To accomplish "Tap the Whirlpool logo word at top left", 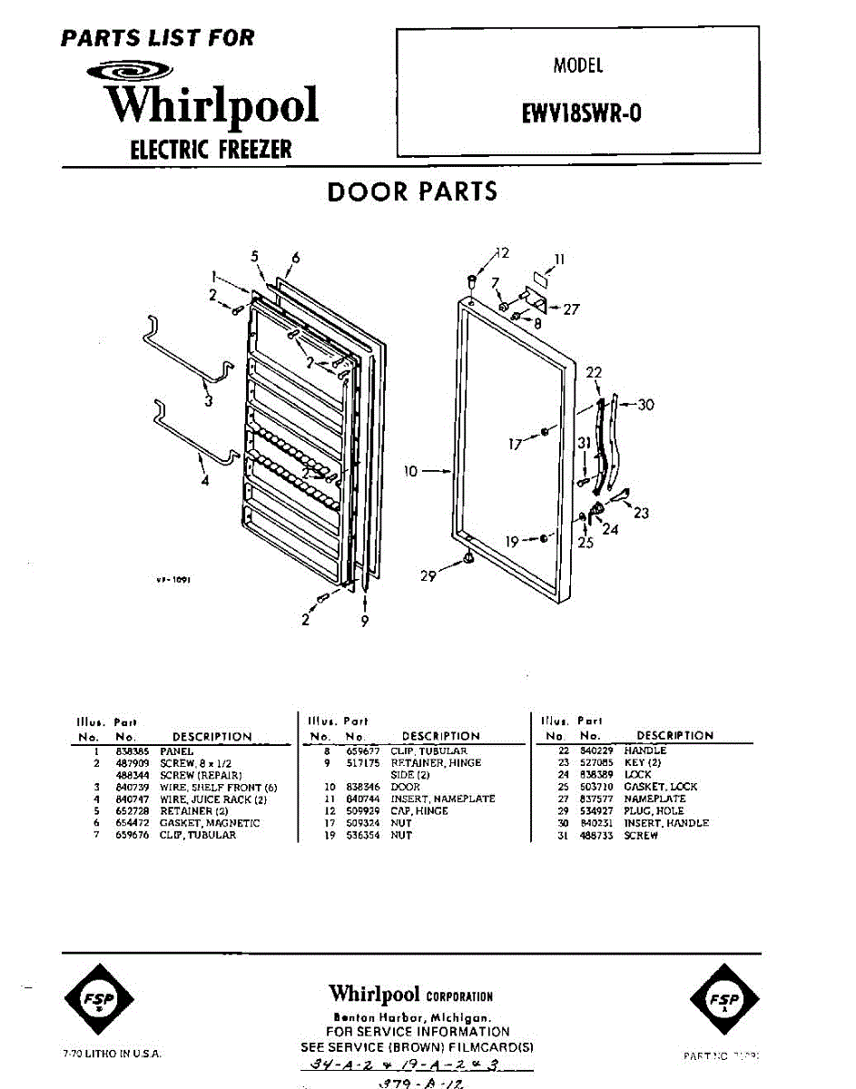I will tap(212, 104).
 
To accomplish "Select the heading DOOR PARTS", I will tap(412, 191).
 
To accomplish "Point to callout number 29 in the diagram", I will tap(428, 575).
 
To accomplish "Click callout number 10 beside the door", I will tap(411, 471).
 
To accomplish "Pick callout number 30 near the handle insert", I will tap(645, 405).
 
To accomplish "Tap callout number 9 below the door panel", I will tap(364, 623).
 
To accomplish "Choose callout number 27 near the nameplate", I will tap(571, 309).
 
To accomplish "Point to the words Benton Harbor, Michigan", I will tap(412, 1017).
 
